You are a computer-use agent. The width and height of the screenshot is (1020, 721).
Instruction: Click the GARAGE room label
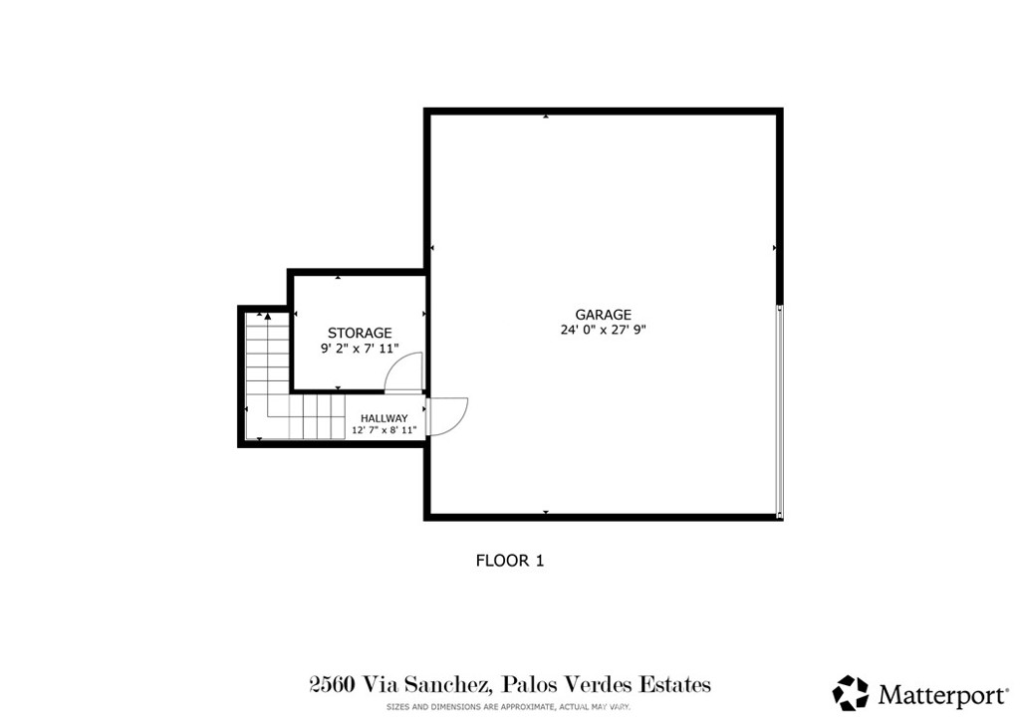click(603, 315)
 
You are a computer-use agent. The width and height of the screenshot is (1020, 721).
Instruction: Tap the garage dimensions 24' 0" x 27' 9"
click(604, 331)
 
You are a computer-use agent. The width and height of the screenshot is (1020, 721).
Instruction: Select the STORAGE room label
click(360, 333)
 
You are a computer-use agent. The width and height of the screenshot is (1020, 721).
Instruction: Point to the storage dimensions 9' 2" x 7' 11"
click(360, 349)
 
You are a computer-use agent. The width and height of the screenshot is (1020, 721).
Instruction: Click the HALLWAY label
click(383, 418)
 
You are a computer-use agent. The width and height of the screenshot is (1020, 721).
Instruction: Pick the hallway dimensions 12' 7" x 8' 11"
click(383, 431)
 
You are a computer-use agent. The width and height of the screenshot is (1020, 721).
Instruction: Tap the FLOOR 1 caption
click(509, 561)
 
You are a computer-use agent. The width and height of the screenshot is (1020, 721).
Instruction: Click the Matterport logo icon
click(851, 692)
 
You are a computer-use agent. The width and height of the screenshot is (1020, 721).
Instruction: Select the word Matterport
click(942, 693)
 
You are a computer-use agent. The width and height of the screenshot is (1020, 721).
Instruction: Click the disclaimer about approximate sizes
click(509, 706)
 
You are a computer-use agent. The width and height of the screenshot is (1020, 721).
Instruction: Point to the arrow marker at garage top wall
click(546, 117)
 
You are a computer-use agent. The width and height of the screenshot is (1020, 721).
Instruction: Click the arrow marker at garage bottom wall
click(546, 512)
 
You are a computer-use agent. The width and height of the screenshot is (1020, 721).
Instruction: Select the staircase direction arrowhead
click(268, 317)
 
